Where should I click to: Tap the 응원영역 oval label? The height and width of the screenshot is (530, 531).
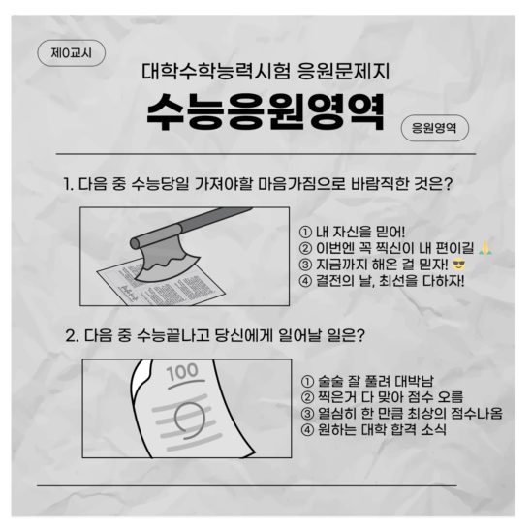(x=434, y=127)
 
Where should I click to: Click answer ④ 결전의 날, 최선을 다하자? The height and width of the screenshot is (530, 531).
(x=383, y=282)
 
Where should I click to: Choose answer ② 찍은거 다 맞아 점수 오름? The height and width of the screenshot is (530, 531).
(x=382, y=396)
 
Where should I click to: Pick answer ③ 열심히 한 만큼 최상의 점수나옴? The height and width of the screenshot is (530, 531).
(x=401, y=413)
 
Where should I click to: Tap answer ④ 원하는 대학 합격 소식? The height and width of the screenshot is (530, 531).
(x=373, y=429)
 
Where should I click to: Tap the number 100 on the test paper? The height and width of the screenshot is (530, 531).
(x=181, y=373)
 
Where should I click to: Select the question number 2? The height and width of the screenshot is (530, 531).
(x=71, y=335)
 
